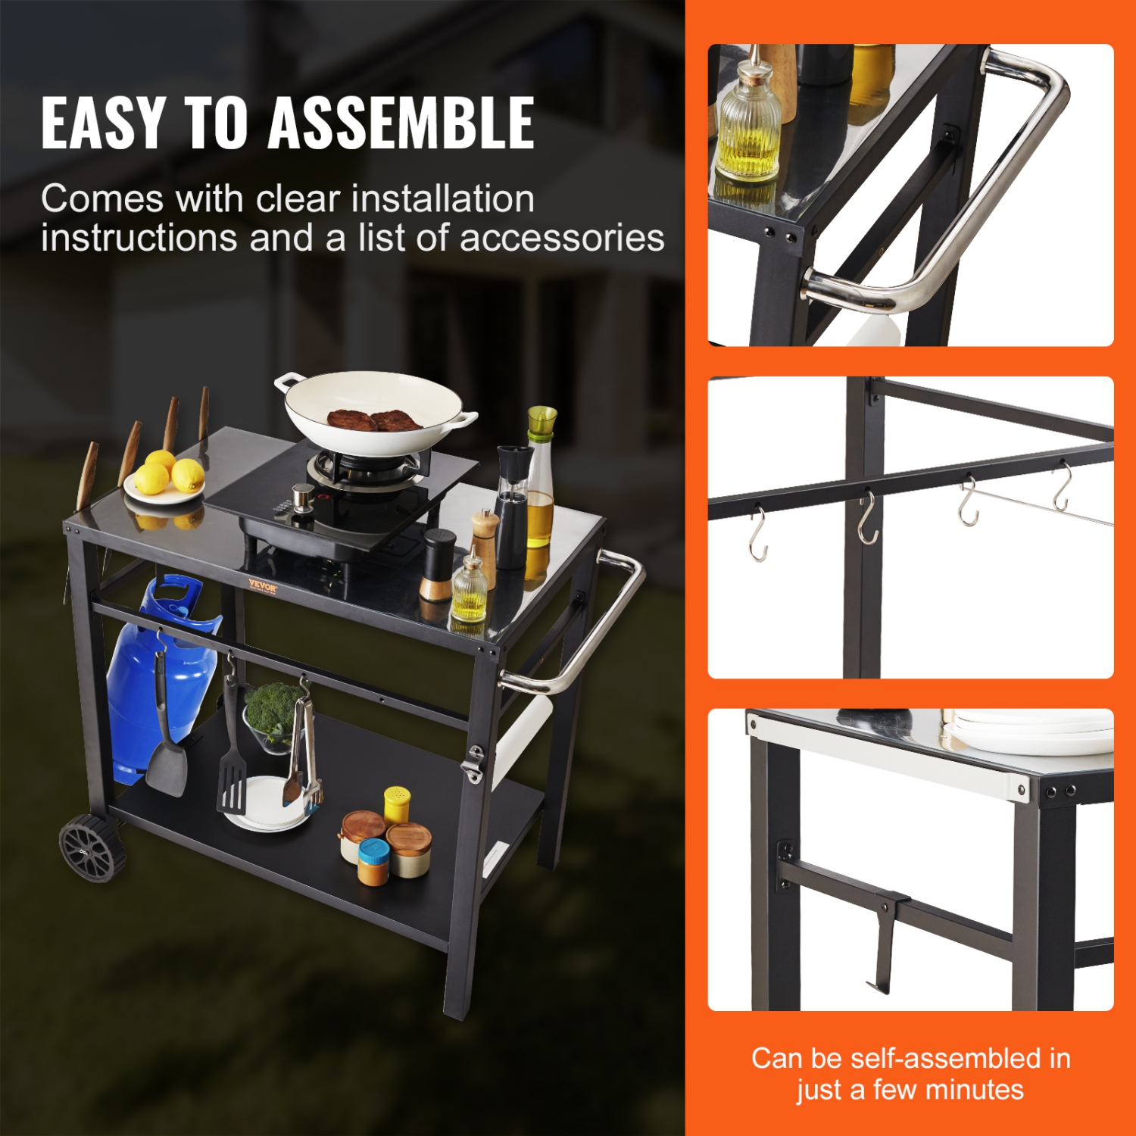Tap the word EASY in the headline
pos(102,123)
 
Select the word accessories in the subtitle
pos(562,238)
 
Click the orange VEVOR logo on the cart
pos(263,585)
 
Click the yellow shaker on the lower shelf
pos(397,804)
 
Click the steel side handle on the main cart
pos(598,629)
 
